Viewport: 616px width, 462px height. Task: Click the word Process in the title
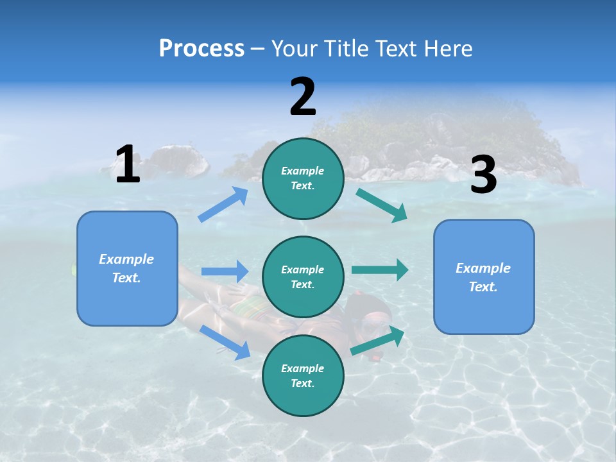coord(201,49)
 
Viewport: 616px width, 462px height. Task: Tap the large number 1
coord(128,164)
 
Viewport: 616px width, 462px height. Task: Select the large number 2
coord(303,96)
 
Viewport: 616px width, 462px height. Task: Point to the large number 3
coord(483,175)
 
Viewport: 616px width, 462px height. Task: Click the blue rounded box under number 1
coord(127,268)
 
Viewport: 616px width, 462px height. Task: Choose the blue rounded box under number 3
coord(484,277)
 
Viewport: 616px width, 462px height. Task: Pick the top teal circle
coord(303,178)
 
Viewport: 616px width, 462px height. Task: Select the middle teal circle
coord(303,277)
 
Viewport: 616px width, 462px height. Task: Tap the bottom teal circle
coord(303,375)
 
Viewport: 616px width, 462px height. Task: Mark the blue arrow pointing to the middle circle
coord(225,271)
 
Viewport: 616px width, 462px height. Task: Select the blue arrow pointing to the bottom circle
coord(225,342)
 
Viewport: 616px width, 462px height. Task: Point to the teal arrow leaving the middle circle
coord(380,269)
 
